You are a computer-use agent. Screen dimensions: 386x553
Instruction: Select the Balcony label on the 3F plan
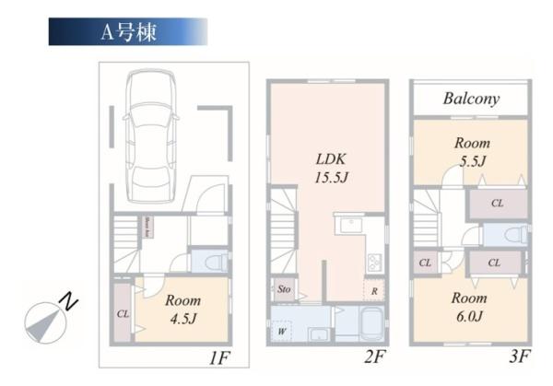(x=470, y=99)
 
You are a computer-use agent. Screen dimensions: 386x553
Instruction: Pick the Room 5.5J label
(x=470, y=152)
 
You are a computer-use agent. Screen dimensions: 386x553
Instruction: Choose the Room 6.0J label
(x=470, y=307)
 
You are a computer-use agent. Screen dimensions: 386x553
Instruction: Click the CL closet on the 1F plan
(x=123, y=313)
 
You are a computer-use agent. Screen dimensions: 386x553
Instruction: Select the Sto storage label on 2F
(x=284, y=289)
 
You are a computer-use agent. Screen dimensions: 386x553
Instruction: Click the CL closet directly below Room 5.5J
(x=497, y=203)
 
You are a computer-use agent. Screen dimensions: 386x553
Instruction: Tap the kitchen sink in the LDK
(x=350, y=226)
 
